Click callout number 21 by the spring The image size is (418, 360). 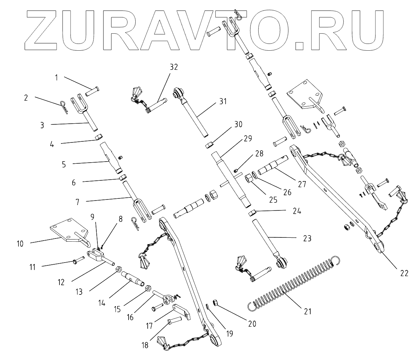(x=307, y=311)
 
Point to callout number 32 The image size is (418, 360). (x=174, y=67)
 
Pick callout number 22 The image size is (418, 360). (x=404, y=273)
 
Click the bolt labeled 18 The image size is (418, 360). (x=175, y=320)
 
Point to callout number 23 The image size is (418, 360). (x=307, y=238)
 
